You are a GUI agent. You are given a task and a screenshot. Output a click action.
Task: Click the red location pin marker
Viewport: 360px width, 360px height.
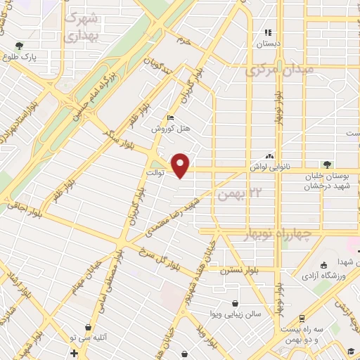click(181, 165)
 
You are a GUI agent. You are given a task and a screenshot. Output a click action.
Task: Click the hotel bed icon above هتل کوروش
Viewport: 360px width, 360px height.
click(169, 118)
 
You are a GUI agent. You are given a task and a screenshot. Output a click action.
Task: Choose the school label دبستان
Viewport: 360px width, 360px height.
click(269, 43)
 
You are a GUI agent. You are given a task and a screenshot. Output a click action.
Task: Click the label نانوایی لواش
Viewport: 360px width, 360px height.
click(265, 167)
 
